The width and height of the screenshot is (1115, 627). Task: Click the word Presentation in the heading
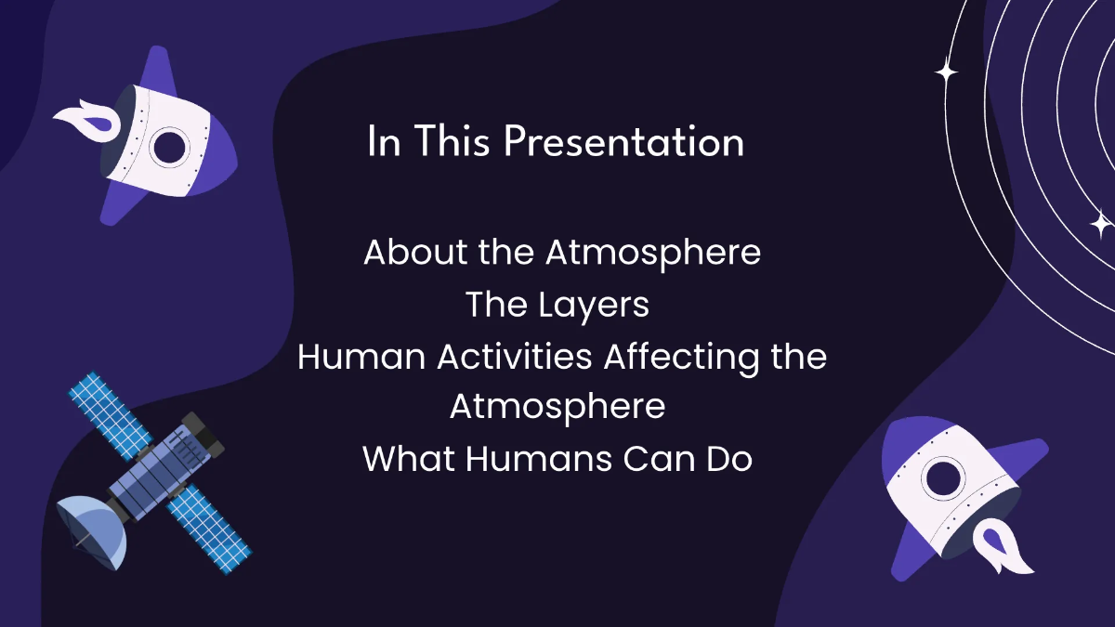click(x=624, y=144)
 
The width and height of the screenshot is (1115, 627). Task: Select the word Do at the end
click(x=728, y=459)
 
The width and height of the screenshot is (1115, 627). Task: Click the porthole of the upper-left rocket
click(x=171, y=146)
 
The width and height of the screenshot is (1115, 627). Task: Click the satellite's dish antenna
click(x=90, y=530)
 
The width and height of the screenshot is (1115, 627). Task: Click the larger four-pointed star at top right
click(x=946, y=72)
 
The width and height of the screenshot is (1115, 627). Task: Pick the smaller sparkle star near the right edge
click(x=1100, y=224)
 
